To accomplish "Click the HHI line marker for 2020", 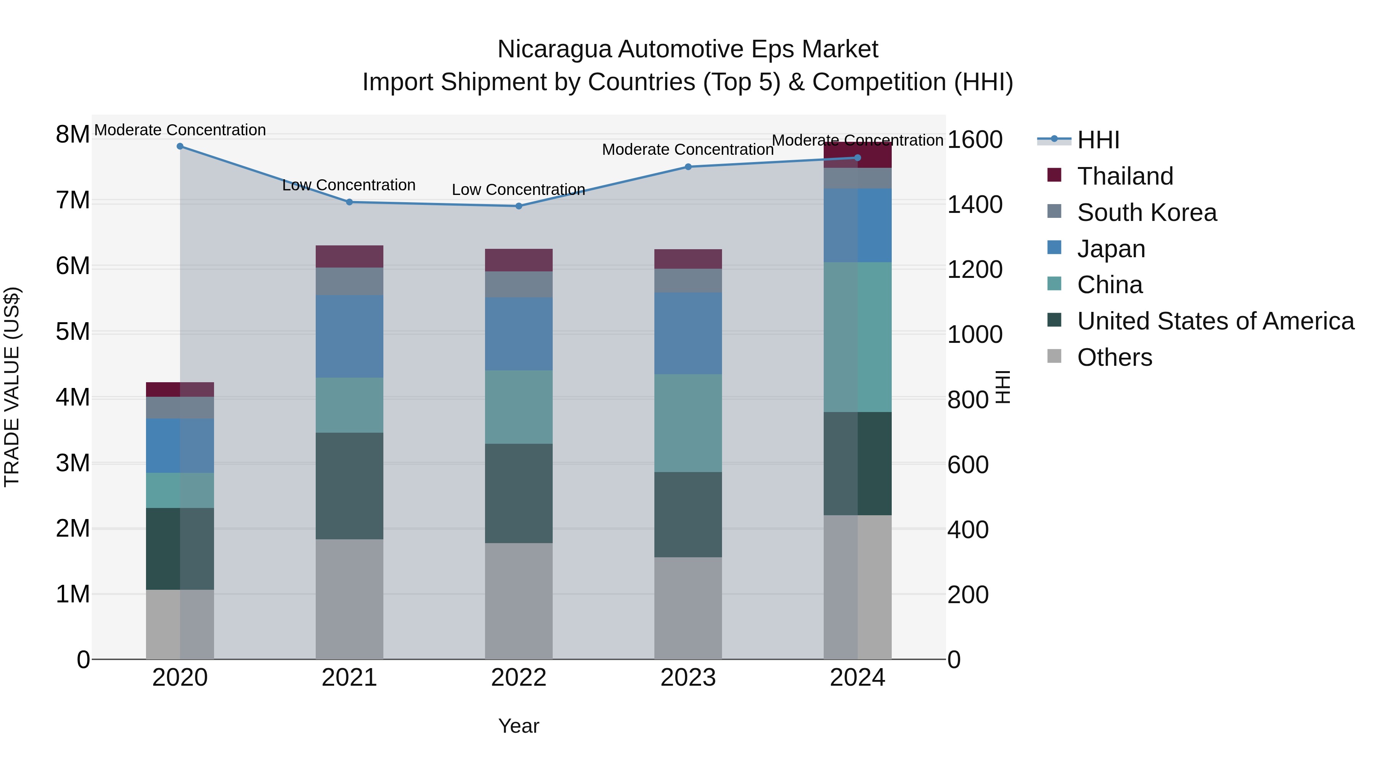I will (180, 146).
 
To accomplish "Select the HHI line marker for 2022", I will (519, 206).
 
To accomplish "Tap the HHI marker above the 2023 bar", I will (688, 167).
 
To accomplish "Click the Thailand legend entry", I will (1125, 176).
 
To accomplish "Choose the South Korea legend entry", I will (1146, 213).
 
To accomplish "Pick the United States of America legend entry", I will (1215, 321).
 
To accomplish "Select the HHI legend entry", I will (1098, 140).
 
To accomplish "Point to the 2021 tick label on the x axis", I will (349, 678).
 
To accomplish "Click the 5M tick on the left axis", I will (73, 332).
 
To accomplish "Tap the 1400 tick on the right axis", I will (975, 204).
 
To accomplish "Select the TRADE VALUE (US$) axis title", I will (12, 387).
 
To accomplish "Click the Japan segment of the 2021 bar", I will (349, 336).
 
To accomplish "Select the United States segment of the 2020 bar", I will (180, 548).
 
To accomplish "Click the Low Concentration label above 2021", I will (349, 185).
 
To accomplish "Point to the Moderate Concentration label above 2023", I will (688, 149).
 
